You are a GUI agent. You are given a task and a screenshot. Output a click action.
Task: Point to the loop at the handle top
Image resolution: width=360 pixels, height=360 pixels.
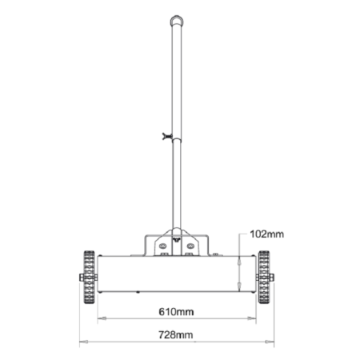[x=176, y=21]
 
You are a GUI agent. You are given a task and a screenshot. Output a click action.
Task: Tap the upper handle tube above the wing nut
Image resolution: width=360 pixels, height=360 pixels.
[x=176, y=80]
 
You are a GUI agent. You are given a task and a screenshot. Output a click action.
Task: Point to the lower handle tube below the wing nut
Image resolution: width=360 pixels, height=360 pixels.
[x=176, y=184]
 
